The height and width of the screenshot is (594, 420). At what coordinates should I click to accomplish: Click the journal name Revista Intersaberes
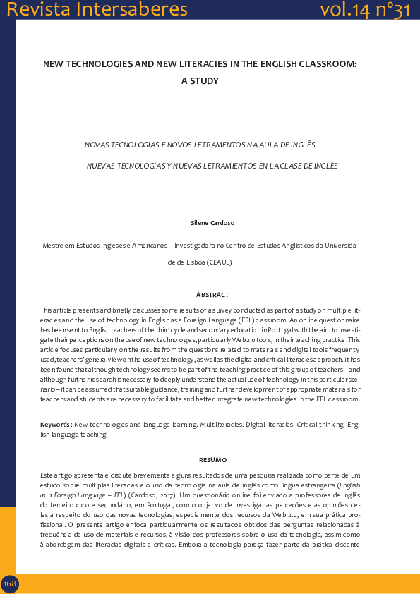97,9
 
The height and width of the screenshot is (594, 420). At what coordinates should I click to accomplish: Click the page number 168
10,583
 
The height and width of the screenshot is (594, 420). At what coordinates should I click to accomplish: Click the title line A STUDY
200,80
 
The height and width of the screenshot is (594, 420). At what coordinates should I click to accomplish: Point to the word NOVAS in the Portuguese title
97,145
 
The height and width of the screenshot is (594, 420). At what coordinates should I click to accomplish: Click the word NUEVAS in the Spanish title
100,166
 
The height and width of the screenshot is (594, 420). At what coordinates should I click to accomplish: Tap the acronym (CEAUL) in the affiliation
220,262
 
